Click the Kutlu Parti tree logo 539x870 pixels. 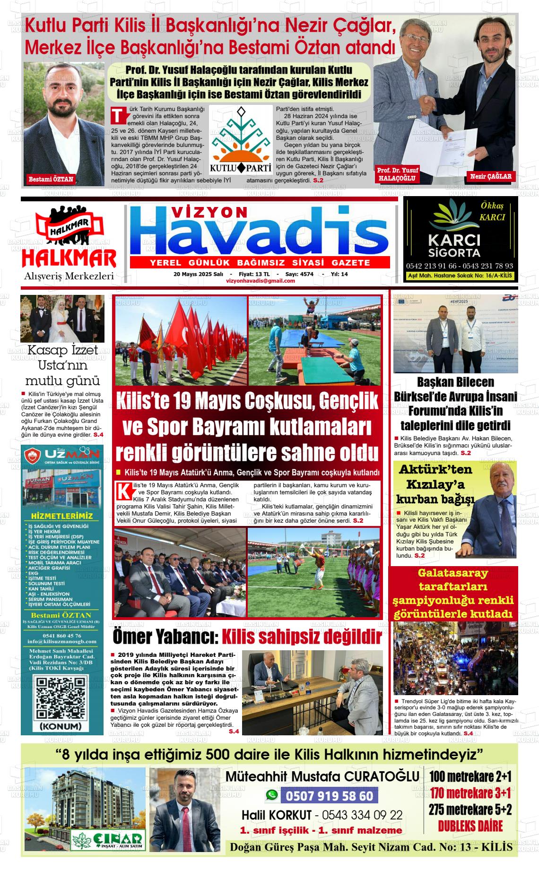(241, 140)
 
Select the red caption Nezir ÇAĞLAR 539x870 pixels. (491, 177)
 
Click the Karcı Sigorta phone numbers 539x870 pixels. (459, 266)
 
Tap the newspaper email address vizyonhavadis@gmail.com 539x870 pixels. (261, 281)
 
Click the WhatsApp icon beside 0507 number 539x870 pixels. (272, 795)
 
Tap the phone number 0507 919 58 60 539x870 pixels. (329, 796)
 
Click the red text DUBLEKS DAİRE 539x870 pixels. (470, 826)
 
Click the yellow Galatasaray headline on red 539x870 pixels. (453, 593)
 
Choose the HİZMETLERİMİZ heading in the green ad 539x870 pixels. (61, 515)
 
